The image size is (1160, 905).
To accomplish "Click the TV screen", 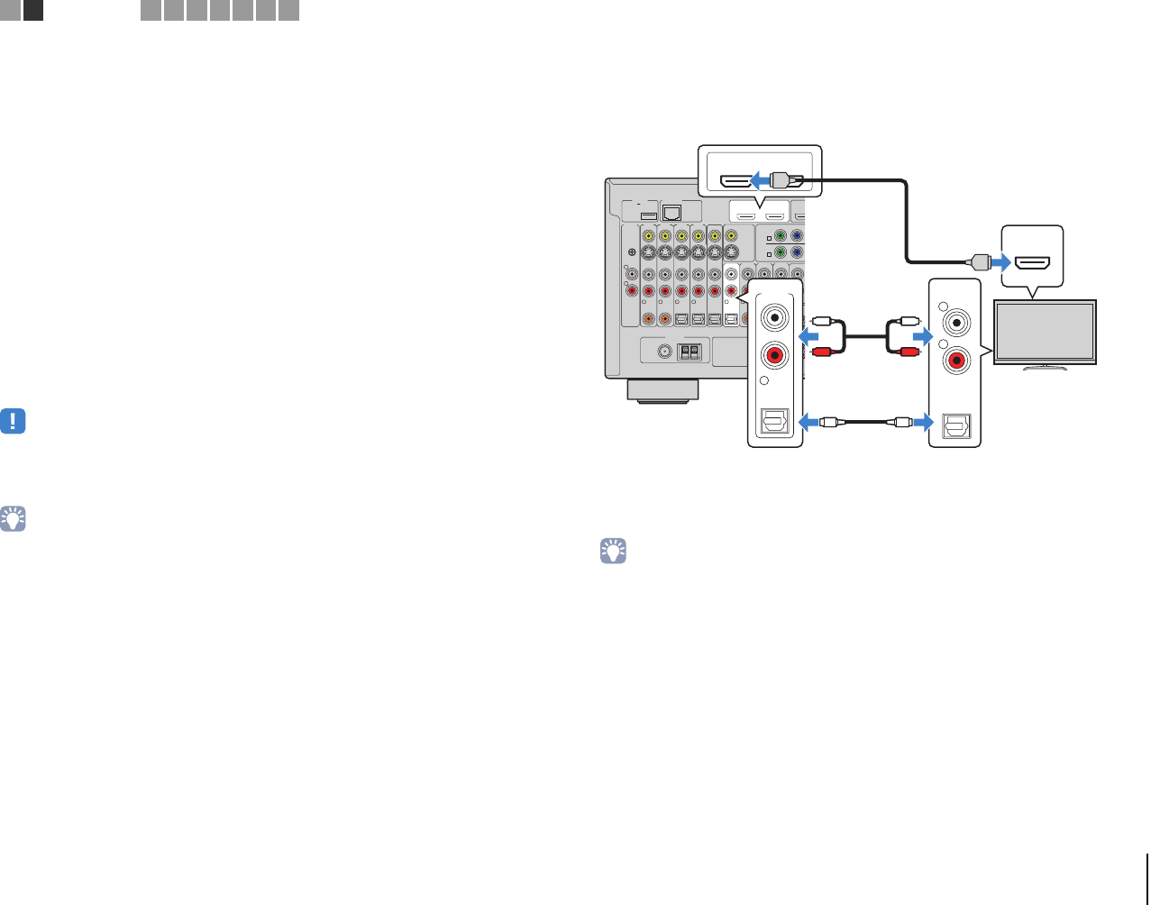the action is tap(1045, 332).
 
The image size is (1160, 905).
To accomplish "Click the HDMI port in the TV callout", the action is tap(1032, 263).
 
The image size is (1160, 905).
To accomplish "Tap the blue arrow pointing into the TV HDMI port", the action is tap(1000, 263).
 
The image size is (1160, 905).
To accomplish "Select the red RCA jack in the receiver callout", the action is tap(773, 355).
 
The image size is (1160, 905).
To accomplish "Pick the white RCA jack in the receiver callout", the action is tap(773, 317).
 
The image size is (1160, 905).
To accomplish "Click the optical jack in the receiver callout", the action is tap(775, 422).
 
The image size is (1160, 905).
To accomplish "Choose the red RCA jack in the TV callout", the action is tap(954, 361).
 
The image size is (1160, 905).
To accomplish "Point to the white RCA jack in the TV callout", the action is tap(954, 321).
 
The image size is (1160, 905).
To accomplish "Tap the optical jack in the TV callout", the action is tap(955, 425).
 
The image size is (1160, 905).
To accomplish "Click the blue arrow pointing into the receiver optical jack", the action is tap(808, 421).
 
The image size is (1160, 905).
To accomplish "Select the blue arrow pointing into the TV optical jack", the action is tap(922, 421).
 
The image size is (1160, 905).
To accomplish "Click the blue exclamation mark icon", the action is tap(13, 421).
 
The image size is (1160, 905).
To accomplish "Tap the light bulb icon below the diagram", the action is tap(613, 552).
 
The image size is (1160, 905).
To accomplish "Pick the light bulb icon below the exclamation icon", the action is tap(13, 518).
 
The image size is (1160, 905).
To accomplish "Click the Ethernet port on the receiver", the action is tap(671, 213).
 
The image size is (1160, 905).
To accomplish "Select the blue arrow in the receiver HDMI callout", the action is tap(761, 179).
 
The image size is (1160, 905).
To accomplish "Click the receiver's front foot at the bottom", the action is tap(662, 390).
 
